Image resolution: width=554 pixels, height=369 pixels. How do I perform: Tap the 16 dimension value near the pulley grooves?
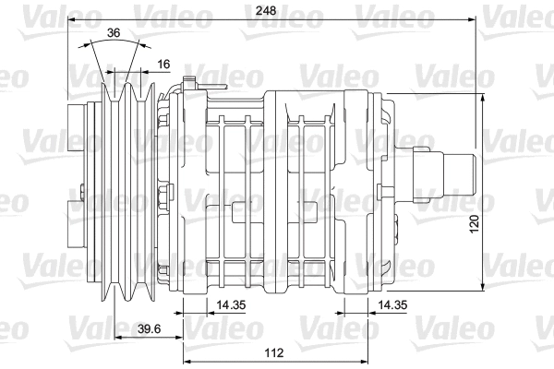[163, 64]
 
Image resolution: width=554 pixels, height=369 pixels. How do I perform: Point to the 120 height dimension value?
[499, 224]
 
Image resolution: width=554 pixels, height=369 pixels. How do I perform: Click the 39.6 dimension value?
[138, 330]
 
